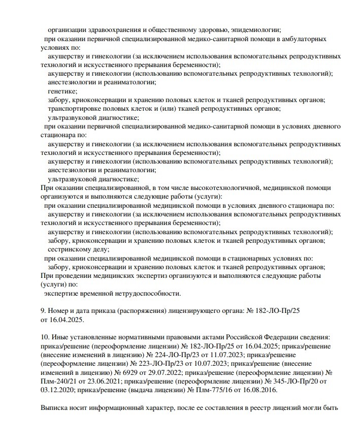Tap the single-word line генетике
tap(62, 91)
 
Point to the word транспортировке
tap(74, 108)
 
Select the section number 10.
tap(44, 337)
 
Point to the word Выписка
tap(54, 408)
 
